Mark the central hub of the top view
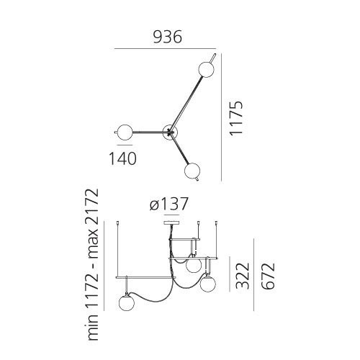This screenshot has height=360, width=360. tap(170, 131)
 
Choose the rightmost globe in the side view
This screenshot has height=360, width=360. tap(209, 284)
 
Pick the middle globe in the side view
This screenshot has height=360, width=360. tap(192, 265)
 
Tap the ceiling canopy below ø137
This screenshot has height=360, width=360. tap(170, 222)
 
